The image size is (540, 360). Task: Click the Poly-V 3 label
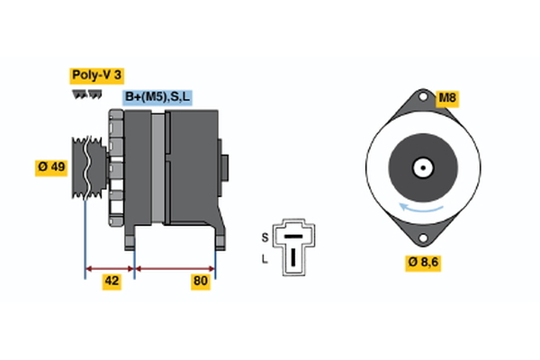95,76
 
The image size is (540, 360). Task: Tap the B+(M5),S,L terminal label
157,97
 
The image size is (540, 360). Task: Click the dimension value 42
111,282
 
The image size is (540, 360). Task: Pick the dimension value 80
201,282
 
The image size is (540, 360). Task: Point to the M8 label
447,98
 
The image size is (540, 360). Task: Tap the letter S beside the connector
264,237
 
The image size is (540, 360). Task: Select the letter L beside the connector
264,259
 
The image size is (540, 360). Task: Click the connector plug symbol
293,244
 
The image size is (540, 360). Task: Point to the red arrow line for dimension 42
110,267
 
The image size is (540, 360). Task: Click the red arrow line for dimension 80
175,267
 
